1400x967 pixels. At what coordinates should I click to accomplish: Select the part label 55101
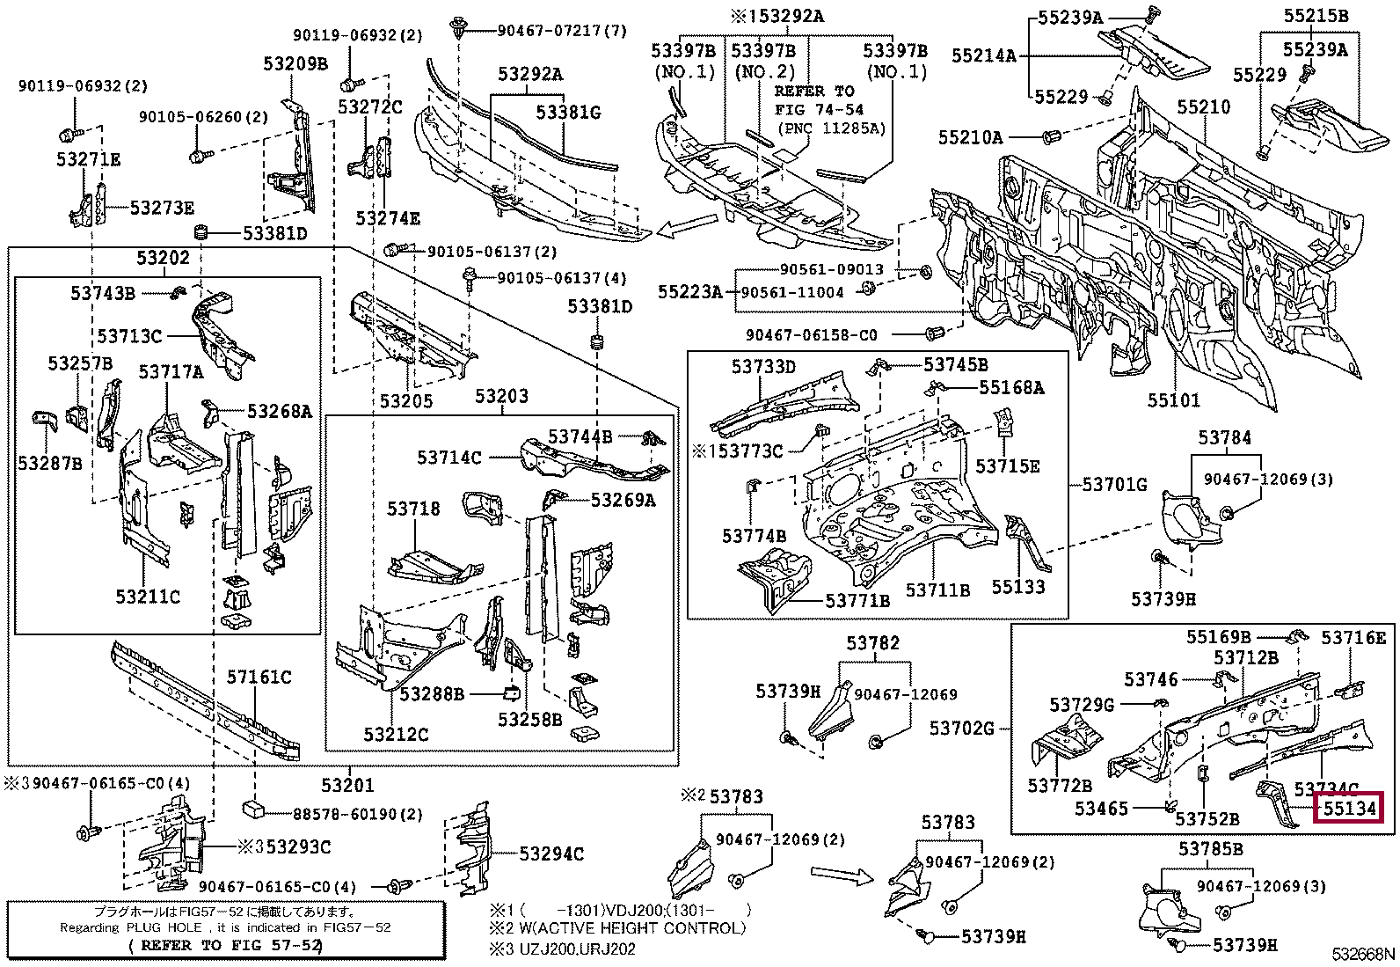tap(1173, 401)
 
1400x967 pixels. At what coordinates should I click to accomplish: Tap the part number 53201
tap(346, 785)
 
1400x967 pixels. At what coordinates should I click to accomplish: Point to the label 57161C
tap(259, 677)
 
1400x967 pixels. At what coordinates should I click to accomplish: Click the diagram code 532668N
tap(1362, 954)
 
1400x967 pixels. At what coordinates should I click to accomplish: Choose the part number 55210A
tap(970, 137)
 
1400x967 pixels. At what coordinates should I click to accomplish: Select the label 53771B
tap(857, 601)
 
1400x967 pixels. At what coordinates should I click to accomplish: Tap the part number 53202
tap(163, 257)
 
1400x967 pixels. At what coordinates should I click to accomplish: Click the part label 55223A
tap(689, 291)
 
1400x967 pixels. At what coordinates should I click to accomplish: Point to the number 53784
tap(1224, 437)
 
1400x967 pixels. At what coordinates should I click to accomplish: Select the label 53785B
tap(1211, 849)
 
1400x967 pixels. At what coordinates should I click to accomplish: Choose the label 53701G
tap(1114, 484)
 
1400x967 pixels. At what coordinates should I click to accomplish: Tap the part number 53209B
tap(295, 63)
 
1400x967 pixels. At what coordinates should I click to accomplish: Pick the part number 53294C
tap(551, 853)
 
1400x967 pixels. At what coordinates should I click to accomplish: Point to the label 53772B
tap(1060, 785)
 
